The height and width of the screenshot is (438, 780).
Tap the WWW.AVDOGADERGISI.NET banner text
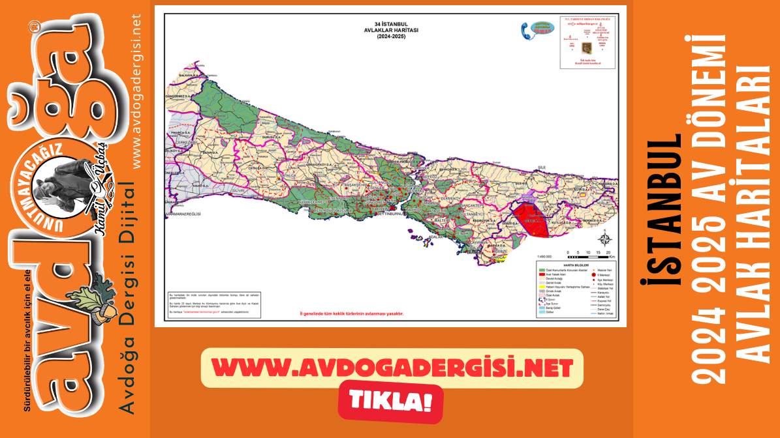coord(392,368)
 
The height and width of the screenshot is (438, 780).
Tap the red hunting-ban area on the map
coord(530,220)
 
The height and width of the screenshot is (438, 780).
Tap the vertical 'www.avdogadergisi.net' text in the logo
coord(136,92)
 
